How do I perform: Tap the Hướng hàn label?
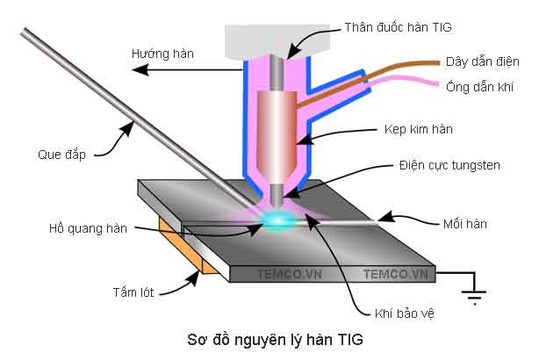click(162, 54)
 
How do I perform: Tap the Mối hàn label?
click(464, 225)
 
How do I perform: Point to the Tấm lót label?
click(133, 292)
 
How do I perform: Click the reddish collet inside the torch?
click(276, 123)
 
